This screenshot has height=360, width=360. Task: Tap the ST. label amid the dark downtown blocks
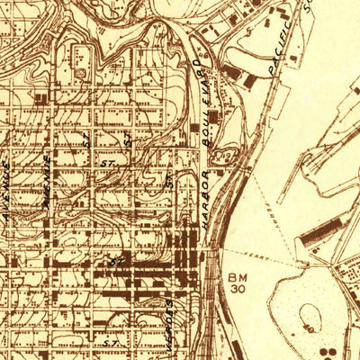click(115, 260)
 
